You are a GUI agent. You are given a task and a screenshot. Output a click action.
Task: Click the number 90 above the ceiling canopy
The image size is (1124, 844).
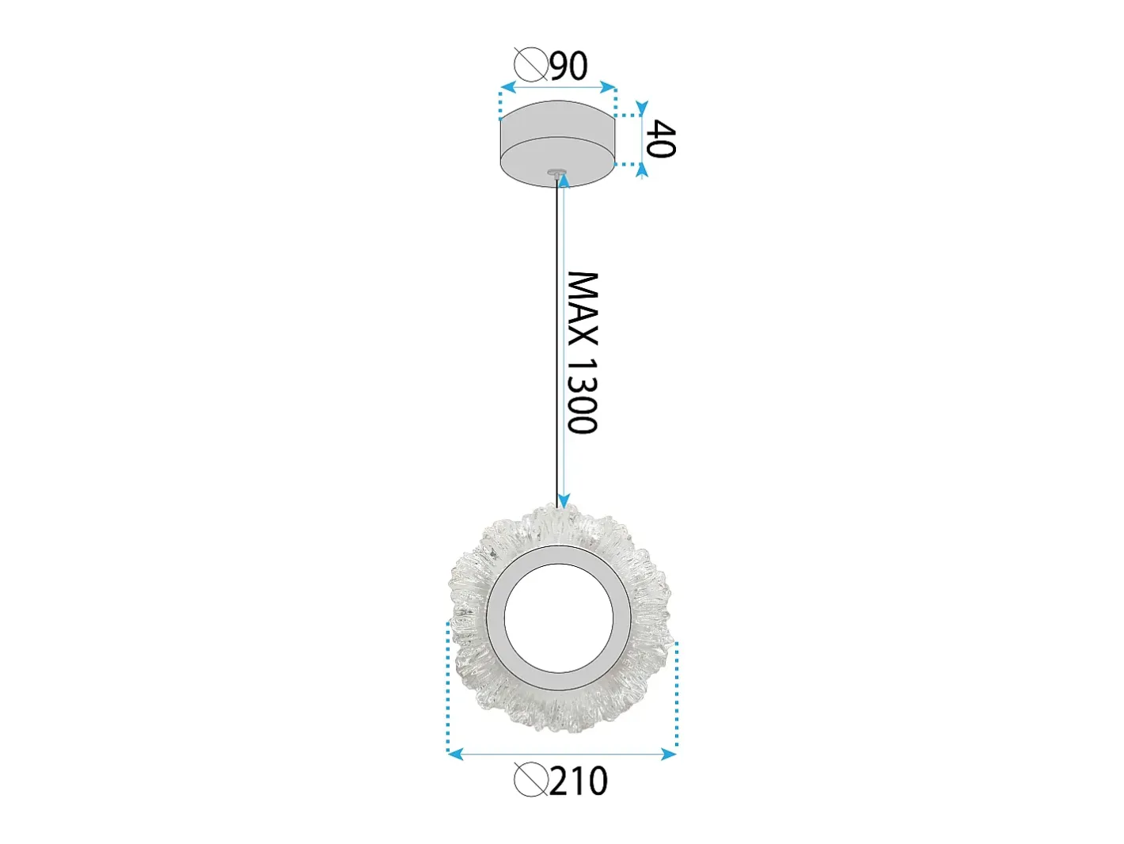point(569,66)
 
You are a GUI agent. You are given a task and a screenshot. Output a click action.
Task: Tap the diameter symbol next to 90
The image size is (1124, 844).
point(531,65)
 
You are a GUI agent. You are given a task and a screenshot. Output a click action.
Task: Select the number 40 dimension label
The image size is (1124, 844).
point(661,139)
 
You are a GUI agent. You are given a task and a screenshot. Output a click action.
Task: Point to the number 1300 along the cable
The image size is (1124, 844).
point(583,395)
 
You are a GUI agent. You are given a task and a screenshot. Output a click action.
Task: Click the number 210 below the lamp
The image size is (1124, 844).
point(579,781)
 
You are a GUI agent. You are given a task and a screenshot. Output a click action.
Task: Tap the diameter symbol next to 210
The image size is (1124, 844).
point(531,780)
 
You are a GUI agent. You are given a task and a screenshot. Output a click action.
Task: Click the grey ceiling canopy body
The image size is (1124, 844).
point(558,144)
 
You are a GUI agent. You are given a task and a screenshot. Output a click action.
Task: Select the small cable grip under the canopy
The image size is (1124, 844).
point(556,173)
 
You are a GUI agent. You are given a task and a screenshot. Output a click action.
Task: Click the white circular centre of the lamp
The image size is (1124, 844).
point(559,618)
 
